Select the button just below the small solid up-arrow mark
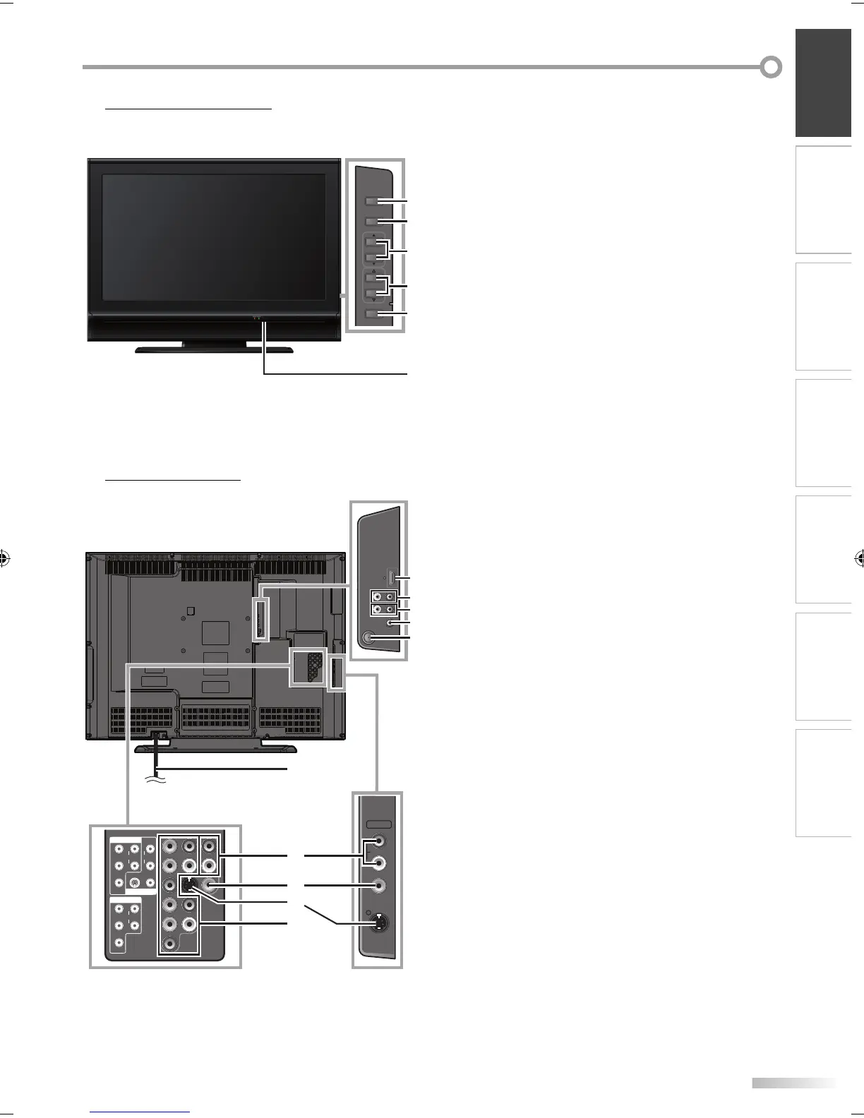point(373,242)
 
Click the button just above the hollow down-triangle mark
point(373,291)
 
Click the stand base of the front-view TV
point(215,349)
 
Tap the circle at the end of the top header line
point(771,67)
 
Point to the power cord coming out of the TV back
point(156,759)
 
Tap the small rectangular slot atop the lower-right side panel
point(379,824)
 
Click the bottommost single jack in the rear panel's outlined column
point(169,944)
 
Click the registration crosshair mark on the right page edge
point(858,559)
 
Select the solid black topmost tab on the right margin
point(823,83)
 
